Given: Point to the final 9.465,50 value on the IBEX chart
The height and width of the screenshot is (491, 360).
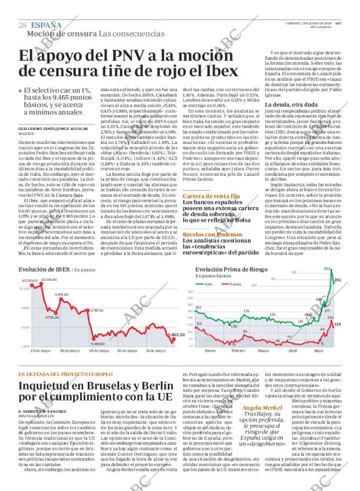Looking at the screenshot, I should pyautogui.click(x=175, y=335).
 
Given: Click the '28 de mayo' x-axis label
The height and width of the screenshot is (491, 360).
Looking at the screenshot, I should pyautogui.click(x=70, y=351).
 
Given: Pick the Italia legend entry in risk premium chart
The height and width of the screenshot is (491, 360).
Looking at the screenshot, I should pyautogui.click(x=210, y=284).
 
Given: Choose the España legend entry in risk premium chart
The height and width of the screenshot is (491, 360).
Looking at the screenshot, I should pyautogui.click(x=235, y=284).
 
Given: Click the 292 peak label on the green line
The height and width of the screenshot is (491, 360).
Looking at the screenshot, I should pyautogui.click(x=326, y=269).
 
